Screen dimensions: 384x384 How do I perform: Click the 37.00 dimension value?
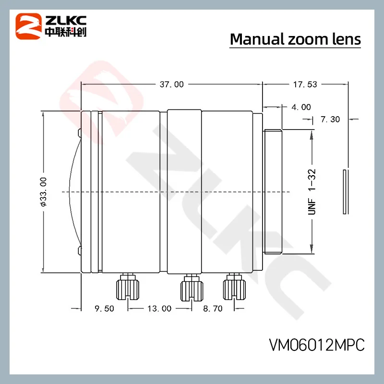[171, 84]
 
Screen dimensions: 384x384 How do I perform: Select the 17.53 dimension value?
[305, 84]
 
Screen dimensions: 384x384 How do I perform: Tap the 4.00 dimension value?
[301, 107]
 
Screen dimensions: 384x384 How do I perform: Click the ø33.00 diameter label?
[43, 191]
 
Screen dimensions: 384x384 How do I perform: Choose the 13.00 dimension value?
[159, 309]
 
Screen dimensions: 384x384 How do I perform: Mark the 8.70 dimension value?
[213, 309]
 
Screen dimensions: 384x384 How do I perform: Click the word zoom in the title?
[308, 39]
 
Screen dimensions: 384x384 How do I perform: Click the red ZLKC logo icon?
[28, 25]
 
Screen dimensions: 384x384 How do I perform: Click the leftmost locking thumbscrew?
[128, 287]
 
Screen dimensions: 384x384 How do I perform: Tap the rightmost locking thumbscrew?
[234, 287]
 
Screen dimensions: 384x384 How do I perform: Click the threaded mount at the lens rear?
[273, 191]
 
